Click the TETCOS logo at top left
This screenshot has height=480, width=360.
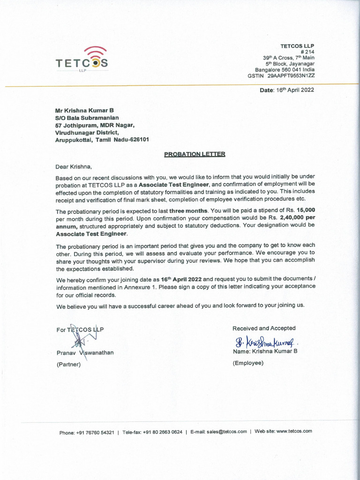click(x=82, y=59)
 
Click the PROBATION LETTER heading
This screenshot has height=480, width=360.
click(x=195, y=154)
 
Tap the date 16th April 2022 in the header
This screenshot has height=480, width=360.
click(x=293, y=90)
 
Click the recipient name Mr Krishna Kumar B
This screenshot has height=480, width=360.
click(x=84, y=111)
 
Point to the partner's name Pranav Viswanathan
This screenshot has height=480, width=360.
click(x=85, y=352)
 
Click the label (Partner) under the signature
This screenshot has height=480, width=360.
click(x=68, y=364)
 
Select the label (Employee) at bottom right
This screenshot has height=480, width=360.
click(x=248, y=363)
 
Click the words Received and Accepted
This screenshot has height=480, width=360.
click(x=264, y=328)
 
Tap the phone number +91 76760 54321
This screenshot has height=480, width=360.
click(x=95, y=432)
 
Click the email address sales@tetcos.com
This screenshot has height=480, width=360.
click(x=228, y=432)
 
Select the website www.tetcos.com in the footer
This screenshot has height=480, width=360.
click(x=294, y=431)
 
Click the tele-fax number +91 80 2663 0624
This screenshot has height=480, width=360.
click(x=162, y=432)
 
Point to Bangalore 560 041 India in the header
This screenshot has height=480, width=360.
click(x=285, y=69)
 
